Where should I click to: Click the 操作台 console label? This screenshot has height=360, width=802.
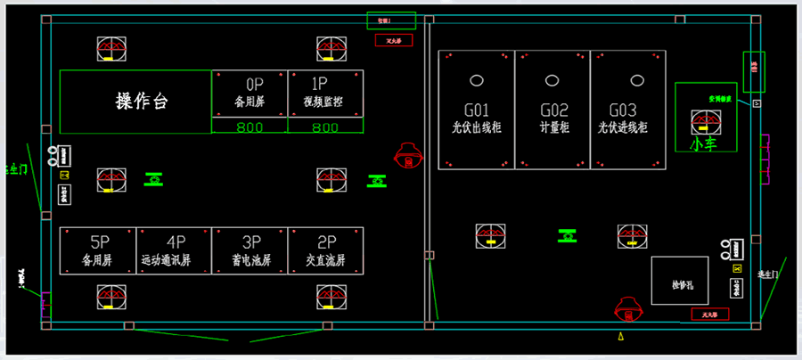click(x=142, y=101)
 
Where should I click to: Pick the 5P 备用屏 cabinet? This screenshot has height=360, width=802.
click(x=98, y=250)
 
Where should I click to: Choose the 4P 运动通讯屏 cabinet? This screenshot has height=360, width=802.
click(x=175, y=250)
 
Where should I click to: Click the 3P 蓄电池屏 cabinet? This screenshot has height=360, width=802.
click(x=250, y=250)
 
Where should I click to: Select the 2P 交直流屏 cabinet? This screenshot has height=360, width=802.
click(x=325, y=250)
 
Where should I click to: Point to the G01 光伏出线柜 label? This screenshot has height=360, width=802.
click(x=477, y=119)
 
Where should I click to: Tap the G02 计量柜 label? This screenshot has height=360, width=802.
click(x=553, y=119)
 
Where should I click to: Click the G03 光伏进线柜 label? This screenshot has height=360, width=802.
click(x=627, y=119)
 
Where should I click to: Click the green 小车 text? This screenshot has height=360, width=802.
click(x=703, y=142)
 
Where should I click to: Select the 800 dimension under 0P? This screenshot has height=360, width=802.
click(x=250, y=127)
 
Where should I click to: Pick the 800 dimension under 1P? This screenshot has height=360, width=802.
click(x=325, y=127)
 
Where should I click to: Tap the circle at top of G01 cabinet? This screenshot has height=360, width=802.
click(x=477, y=80)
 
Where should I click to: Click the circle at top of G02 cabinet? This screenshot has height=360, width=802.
click(x=552, y=80)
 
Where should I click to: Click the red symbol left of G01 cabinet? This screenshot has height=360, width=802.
click(x=408, y=157)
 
